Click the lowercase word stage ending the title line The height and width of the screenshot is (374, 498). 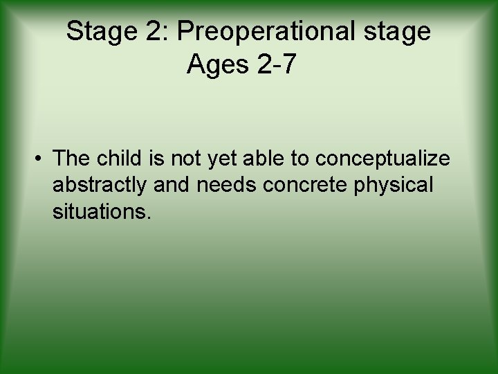pos(400,32)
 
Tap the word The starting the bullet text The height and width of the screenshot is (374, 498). pos(72,159)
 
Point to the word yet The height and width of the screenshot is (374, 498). pos(219,159)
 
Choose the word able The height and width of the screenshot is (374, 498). pos(263,159)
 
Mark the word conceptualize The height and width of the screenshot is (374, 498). pos(382,159)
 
